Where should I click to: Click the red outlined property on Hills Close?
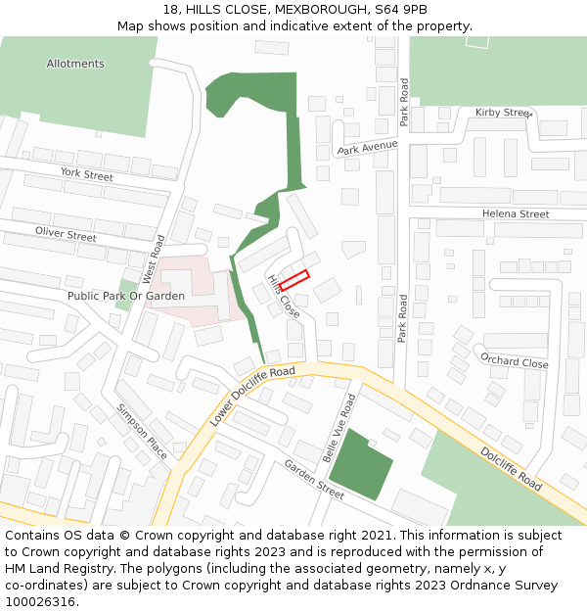(x=294, y=279)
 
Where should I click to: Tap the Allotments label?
(x=75, y=64)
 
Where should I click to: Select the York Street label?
(x=87, y=174)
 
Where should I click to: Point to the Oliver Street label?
(x=66, y=235)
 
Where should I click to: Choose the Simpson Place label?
(x=143, y=425)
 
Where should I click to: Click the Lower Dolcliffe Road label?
(x=252, y=395)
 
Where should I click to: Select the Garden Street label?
(x=314, y=480)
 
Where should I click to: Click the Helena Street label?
(x=516, y=213)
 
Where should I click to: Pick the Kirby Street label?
(x=502, y=113)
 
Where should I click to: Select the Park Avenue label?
(x=367, y=148)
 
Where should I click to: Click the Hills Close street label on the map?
(x=284, y=296)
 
